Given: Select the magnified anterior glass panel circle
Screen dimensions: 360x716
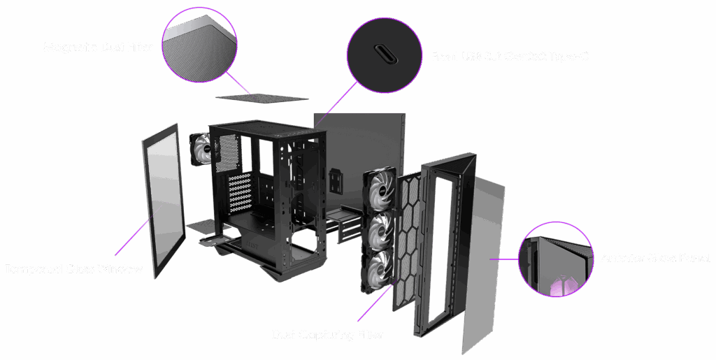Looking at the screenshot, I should [554, 260].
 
